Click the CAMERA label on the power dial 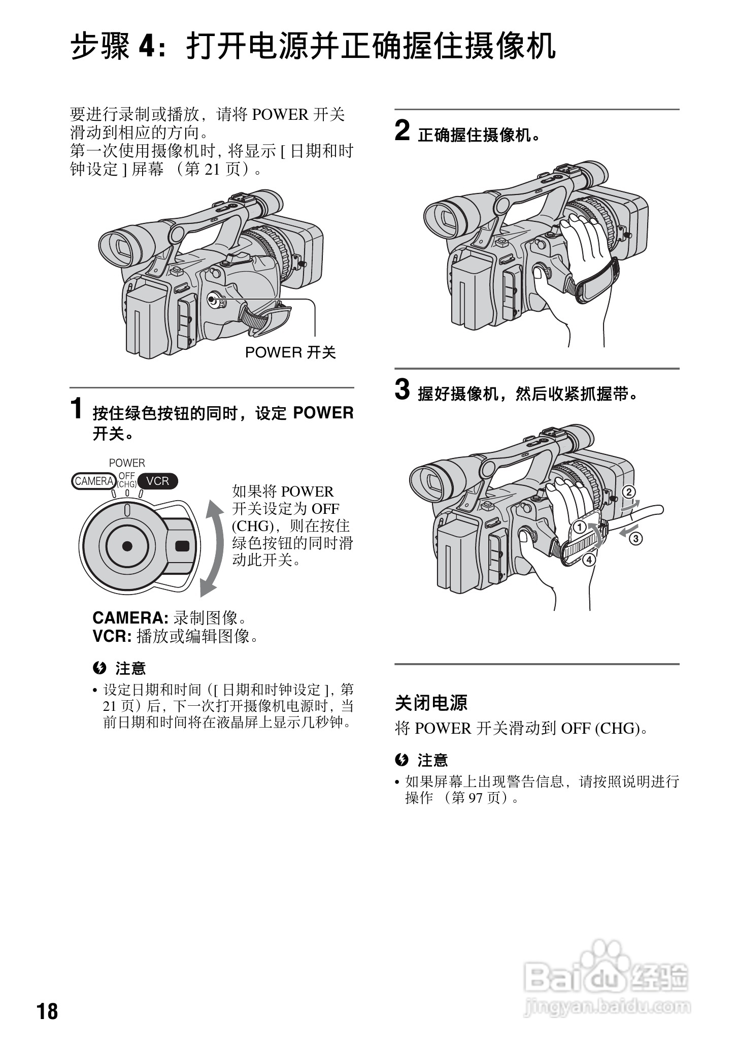coord(94,481)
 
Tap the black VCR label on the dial coord(158,481)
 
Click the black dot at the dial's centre coord(127,546)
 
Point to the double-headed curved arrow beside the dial coord(212,548)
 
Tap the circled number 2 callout coord(628,492)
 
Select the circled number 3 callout coord(636,538)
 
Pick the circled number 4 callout coord(589,560)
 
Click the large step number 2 coord(402,131)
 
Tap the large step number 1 coord(77,409)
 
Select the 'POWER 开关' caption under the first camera coord(290,352)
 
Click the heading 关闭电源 coord(431,703)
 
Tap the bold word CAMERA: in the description coord(130,618)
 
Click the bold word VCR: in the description coord(112,636)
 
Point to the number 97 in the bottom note coord(476,798)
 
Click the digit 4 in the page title coord(146,47)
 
